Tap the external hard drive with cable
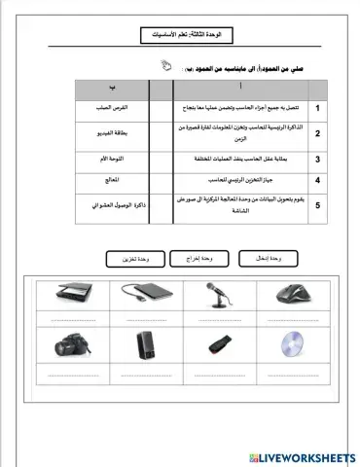[x=142, y=294]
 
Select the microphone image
[x=216, y=293]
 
